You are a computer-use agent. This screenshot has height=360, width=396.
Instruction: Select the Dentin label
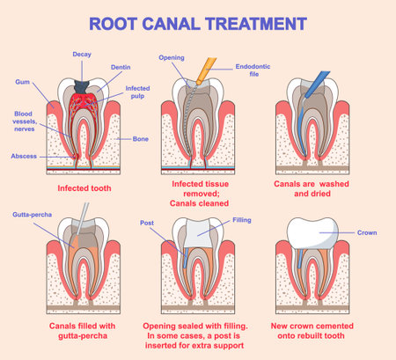tap(121, 67)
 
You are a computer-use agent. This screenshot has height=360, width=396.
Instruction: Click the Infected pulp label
tap(136, 92)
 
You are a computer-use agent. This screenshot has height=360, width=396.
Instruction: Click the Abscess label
tap(24, 156)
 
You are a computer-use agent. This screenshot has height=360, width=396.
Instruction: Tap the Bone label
tap(141, 139)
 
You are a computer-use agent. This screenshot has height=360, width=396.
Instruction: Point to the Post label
tap(148, 224)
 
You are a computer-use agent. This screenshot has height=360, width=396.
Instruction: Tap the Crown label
tap(366, 234)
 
